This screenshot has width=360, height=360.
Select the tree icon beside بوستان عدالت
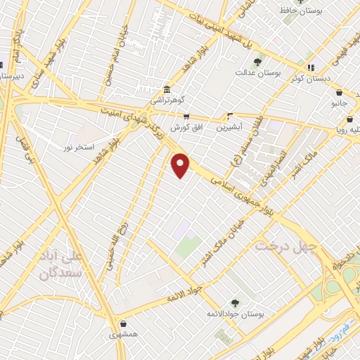tap(257, 62)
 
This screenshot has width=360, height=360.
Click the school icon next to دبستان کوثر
tap(312, 67)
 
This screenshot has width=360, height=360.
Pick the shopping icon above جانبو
tap(339, 92)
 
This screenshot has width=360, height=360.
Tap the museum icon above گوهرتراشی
tap(165, 90)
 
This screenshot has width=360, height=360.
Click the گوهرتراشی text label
tap(169, 101)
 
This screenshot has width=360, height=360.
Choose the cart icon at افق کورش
tap(186, 117)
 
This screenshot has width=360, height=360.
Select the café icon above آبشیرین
tap(230, 117)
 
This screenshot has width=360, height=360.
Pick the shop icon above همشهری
tap(124, 324)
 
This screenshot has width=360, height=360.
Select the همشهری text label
tap(124, 335)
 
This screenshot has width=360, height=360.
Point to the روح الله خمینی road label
tap(115, 239)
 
